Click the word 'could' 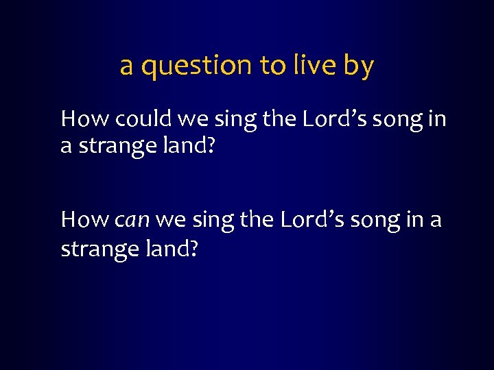pos(143,119)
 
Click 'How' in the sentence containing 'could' pos(84,119)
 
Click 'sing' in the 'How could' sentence pos(233,121)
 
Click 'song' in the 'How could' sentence pos(390,121)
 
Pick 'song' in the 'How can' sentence pos(370,221)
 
